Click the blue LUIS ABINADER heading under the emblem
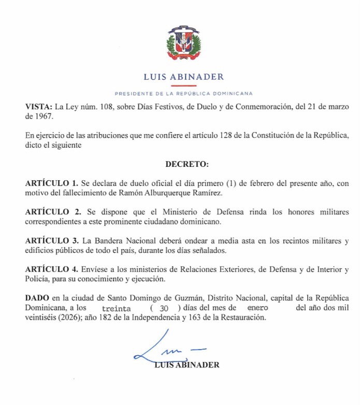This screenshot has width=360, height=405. click(x=184, y=77)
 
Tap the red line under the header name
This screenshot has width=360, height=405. click(x=184, y=85)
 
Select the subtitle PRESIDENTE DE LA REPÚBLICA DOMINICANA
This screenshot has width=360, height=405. click(x=184, y=94)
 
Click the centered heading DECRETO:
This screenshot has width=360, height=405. click(x=187, y=165)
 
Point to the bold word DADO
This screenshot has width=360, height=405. click(x=35, y=299)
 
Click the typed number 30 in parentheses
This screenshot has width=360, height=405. click(x=164, y=309)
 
